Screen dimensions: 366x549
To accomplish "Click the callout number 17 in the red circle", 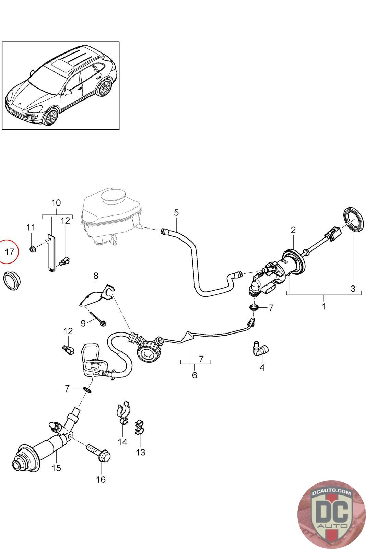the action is click(x=10, y=252).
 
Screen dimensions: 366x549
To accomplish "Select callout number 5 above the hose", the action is click(x=176, y=212).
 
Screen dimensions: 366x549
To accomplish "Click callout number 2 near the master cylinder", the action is click(x=293, y=230).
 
